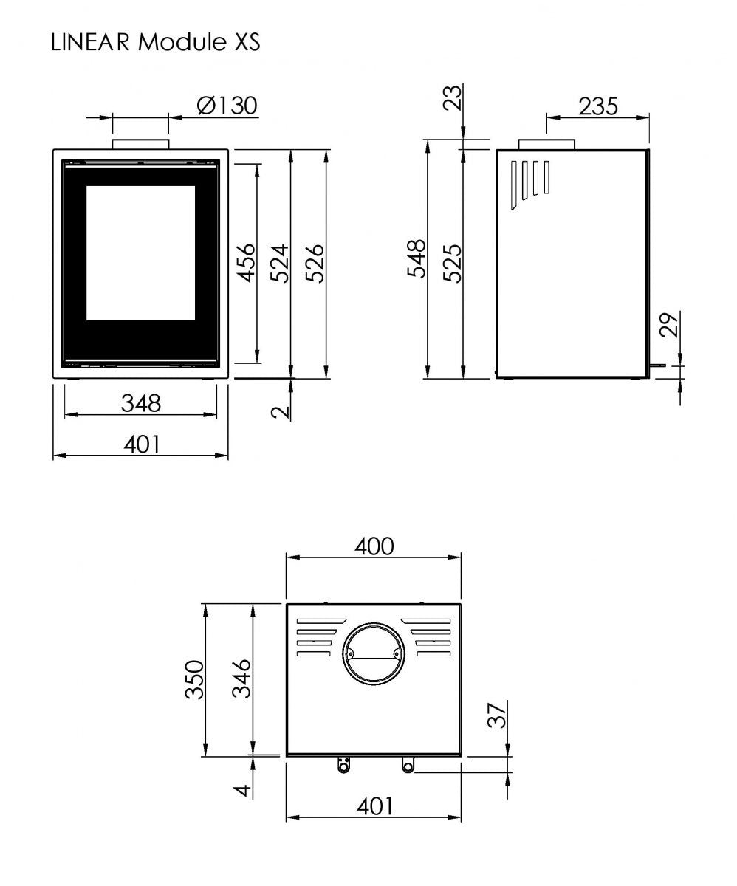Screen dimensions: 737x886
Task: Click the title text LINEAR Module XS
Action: coord(155,41)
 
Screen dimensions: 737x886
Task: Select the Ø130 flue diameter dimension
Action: coord(227,106)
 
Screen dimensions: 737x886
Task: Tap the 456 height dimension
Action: coord(246,263)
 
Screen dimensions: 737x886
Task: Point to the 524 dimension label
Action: coord(279,263)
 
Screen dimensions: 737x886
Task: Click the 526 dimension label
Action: coord(315,263)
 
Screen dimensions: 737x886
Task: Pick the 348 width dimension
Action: coord(141,403)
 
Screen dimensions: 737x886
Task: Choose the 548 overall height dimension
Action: coord(417,258)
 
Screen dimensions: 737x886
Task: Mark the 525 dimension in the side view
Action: coord(452,263)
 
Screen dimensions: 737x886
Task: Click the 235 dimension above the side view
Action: coord(598,106)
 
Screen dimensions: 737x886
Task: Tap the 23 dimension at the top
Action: coord(452,97)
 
